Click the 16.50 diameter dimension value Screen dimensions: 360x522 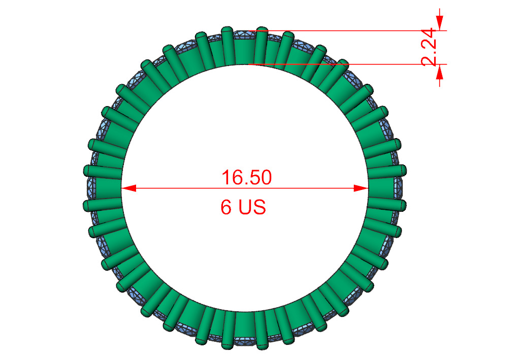click(246, 177)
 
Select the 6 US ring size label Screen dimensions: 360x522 click(243, 207)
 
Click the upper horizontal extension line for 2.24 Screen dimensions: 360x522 click(355, 30)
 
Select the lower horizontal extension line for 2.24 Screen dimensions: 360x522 click(355, 64)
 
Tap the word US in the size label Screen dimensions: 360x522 click(252, 207)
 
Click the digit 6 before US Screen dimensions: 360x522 click(225, 207)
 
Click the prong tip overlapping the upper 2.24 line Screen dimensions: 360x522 click(262, 31)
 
